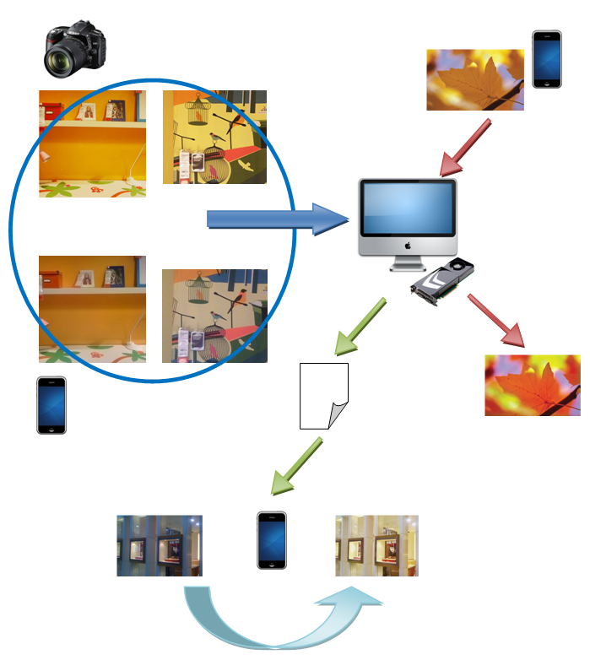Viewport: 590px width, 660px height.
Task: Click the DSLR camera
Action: pos(74,49)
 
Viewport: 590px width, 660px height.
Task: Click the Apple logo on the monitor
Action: pos(407,246)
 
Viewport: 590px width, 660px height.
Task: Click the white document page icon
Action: pos(324,395)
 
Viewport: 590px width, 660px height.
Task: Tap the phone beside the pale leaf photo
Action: pos(546,59)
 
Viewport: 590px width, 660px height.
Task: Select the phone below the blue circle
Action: pos(51,405)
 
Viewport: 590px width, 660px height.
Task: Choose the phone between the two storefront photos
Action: pos(271,540)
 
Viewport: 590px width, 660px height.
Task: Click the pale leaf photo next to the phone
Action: pos(475,79)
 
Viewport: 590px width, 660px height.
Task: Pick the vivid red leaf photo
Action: pos(532,385)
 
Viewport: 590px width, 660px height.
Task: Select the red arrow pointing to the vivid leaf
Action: pos(497,321)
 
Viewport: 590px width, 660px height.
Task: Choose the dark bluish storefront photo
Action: pos(159,545)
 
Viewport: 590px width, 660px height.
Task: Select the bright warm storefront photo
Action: pos(376,545)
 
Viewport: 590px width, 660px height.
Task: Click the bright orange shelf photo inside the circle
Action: pos(92,143)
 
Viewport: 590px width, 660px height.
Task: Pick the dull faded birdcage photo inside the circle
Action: pos(214,316)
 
